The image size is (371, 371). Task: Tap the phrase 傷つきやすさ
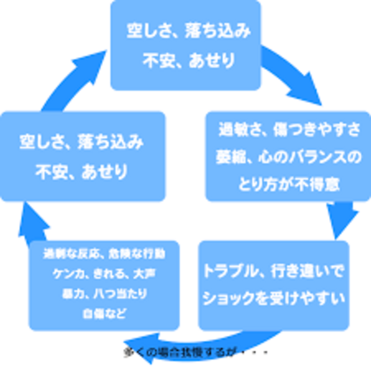tap(316, 130)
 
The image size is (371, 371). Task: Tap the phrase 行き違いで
tap(307, 271)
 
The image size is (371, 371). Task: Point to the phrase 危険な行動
tap(137, 254)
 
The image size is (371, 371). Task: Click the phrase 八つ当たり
tap(120, 294)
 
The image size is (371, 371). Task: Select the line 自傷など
tap(104, 314)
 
